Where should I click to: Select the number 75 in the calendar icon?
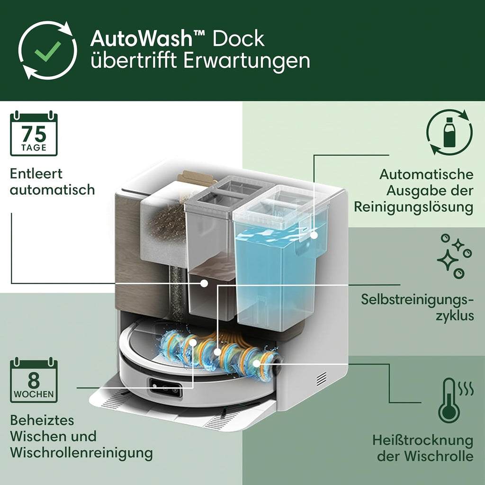pos(34,134)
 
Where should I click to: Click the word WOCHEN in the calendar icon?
pos(34,394)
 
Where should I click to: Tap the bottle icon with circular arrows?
pos(449,132)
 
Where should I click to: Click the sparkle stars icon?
pos(454,256)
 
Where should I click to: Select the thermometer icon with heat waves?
pos(449,401)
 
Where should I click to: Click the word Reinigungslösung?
pos(413,207)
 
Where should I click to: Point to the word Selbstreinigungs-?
pos(417,299)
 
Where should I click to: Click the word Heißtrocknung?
pos(422,440)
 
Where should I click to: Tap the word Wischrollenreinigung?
pos(81,453)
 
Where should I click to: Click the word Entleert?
pos(36,173)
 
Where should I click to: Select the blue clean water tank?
pos(279,275)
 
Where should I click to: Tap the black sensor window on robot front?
pos(166,387)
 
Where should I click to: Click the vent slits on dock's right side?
pos(322,377)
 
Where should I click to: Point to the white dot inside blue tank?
pos(314,234)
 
